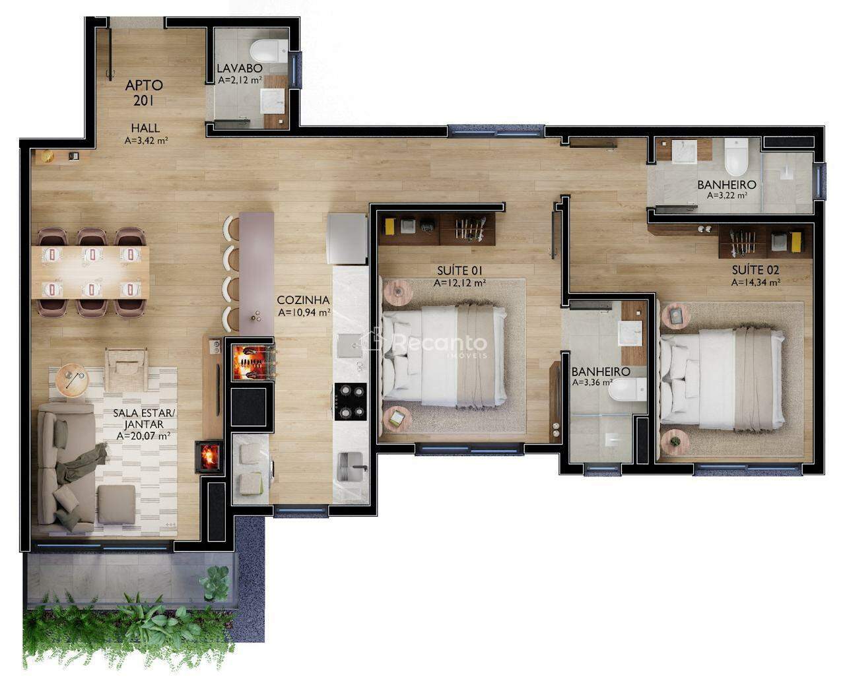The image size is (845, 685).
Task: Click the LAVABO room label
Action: coord(240,68)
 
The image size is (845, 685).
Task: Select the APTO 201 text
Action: coord(144,93)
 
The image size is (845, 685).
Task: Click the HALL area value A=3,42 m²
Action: coord(146,140)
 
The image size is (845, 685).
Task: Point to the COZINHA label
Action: coord(303,300)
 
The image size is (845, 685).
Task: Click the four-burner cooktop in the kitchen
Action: coord(351,401)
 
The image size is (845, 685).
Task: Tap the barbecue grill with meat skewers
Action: coord(252,362)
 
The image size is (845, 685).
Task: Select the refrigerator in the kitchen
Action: coord(347,239)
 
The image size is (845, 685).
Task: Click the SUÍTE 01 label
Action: coord(459,271)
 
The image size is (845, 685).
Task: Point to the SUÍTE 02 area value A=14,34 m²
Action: coord(756,282)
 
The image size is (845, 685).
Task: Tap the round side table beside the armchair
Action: coord(72,379)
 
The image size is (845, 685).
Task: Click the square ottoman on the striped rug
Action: coord(117,504)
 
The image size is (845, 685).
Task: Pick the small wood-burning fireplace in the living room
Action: coord(209,457)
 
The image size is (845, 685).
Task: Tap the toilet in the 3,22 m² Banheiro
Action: coord(736,156)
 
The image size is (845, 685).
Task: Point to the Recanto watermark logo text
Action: coord(440,342)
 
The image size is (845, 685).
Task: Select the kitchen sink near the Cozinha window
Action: coord(350,467)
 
